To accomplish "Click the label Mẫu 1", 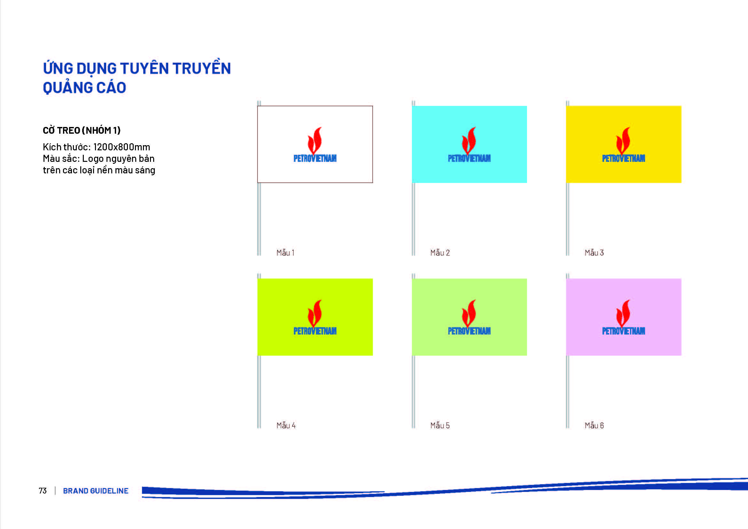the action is coord(285,252).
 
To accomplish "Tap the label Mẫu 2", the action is coord(440,252).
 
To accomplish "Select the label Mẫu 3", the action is coord(594,252).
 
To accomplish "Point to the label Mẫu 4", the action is coord(286,425).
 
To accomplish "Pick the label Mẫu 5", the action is coord(440,425).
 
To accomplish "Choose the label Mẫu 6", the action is coord(594,425).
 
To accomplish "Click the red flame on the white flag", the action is coord(315,141).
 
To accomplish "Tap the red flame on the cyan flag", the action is coord(469,141).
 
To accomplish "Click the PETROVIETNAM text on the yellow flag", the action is coord(624,158).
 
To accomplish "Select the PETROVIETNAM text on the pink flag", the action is coord(624,331).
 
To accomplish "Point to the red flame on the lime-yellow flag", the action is coord(315,313).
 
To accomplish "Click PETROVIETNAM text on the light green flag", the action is coord(469,331).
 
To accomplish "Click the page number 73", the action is coord(43,491).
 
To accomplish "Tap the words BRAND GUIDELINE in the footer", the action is coord(96,491).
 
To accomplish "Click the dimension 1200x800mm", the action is coord(122,147).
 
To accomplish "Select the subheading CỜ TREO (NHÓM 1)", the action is coord(82,130).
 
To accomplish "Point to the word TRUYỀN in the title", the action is coord(202,67).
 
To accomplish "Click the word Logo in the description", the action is coord(93,159).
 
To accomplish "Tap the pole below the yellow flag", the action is coord(568,219).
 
